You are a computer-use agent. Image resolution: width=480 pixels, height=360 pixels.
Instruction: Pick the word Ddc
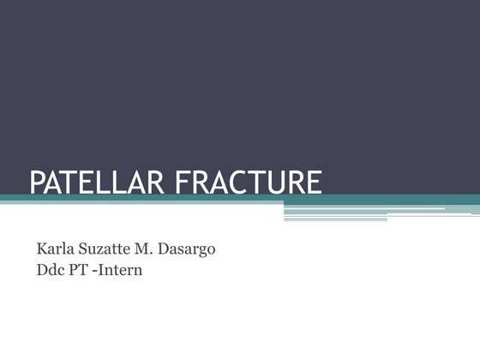(50, 271)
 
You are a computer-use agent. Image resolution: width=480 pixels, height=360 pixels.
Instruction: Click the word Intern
(120, 271)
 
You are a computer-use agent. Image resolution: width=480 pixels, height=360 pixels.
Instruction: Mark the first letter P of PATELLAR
(37, 183)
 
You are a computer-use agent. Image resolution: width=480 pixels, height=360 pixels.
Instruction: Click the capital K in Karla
(42, 249)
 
